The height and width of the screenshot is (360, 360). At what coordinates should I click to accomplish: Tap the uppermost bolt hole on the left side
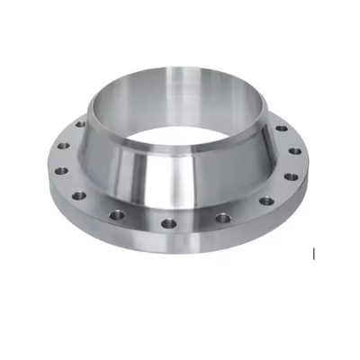point(81,123)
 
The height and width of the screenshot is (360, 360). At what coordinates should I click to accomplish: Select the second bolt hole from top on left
point(63,145)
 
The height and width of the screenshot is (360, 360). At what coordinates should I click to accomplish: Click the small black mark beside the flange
point(313,255)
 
